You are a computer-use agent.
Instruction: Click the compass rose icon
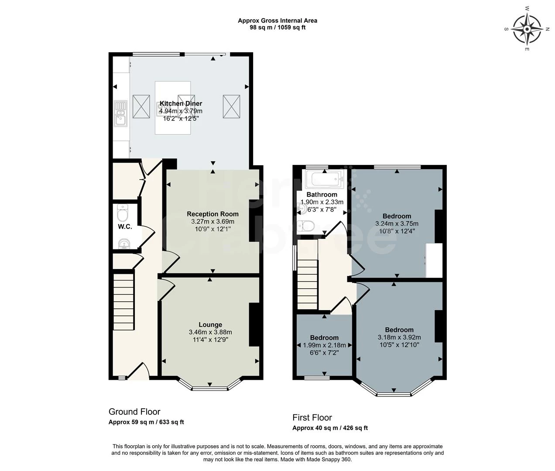[x=527, y=30]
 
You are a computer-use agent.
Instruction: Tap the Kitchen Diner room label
[x=181, y=103]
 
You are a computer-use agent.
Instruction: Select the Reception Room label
[x=212, y=214]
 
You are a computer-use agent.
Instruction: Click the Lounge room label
[x=210, y=324]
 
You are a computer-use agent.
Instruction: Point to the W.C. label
[x=125, y=227]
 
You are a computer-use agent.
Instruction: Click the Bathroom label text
[x=322, y=195]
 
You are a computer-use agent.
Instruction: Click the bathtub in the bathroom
[x=325, y=178]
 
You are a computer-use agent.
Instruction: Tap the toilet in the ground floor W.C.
[x=123, y=214]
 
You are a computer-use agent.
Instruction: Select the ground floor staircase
[x=123, y=301]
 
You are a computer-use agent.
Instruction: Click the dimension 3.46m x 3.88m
[x=210, y=332]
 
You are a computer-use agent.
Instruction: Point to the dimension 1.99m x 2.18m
[x=324, y=345]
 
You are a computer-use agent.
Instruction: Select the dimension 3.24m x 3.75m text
[x=397, y=224]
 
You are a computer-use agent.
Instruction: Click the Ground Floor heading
[x=134, y=412]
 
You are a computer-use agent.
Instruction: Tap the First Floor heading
[x=312, y=417]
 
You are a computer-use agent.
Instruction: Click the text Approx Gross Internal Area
[x=277, y=20]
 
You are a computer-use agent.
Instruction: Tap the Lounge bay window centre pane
[x=209, y=388]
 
